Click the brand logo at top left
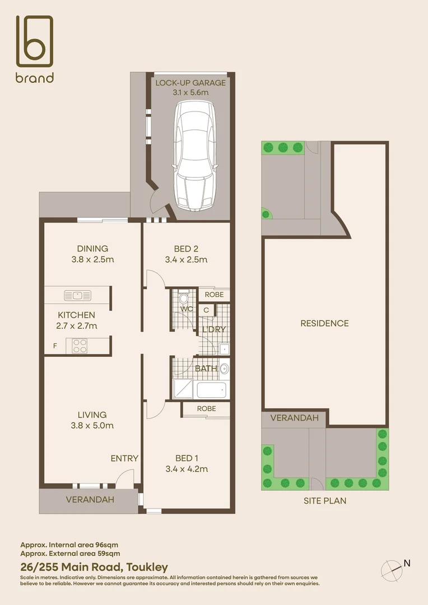[x=34, y=49]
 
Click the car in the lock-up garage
[x=193, y=156]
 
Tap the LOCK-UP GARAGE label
[x=190, y=83]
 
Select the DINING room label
[x=92, y=249]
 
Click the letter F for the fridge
[x=55, y=346]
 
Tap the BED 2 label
[x=186, y=249]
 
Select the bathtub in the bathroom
[x=211, y=389]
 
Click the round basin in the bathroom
[x=224, y=369]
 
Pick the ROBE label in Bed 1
[x=206, y=409]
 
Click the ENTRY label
[x=124, y=458]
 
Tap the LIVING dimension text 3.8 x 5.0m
[x=92, y=426]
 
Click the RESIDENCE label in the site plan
[x=324, y=323]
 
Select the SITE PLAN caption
[x=324, y=501]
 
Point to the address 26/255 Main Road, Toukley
[x=94, y=567]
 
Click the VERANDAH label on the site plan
[x=294, y=418]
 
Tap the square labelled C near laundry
[x=206, y=310]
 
